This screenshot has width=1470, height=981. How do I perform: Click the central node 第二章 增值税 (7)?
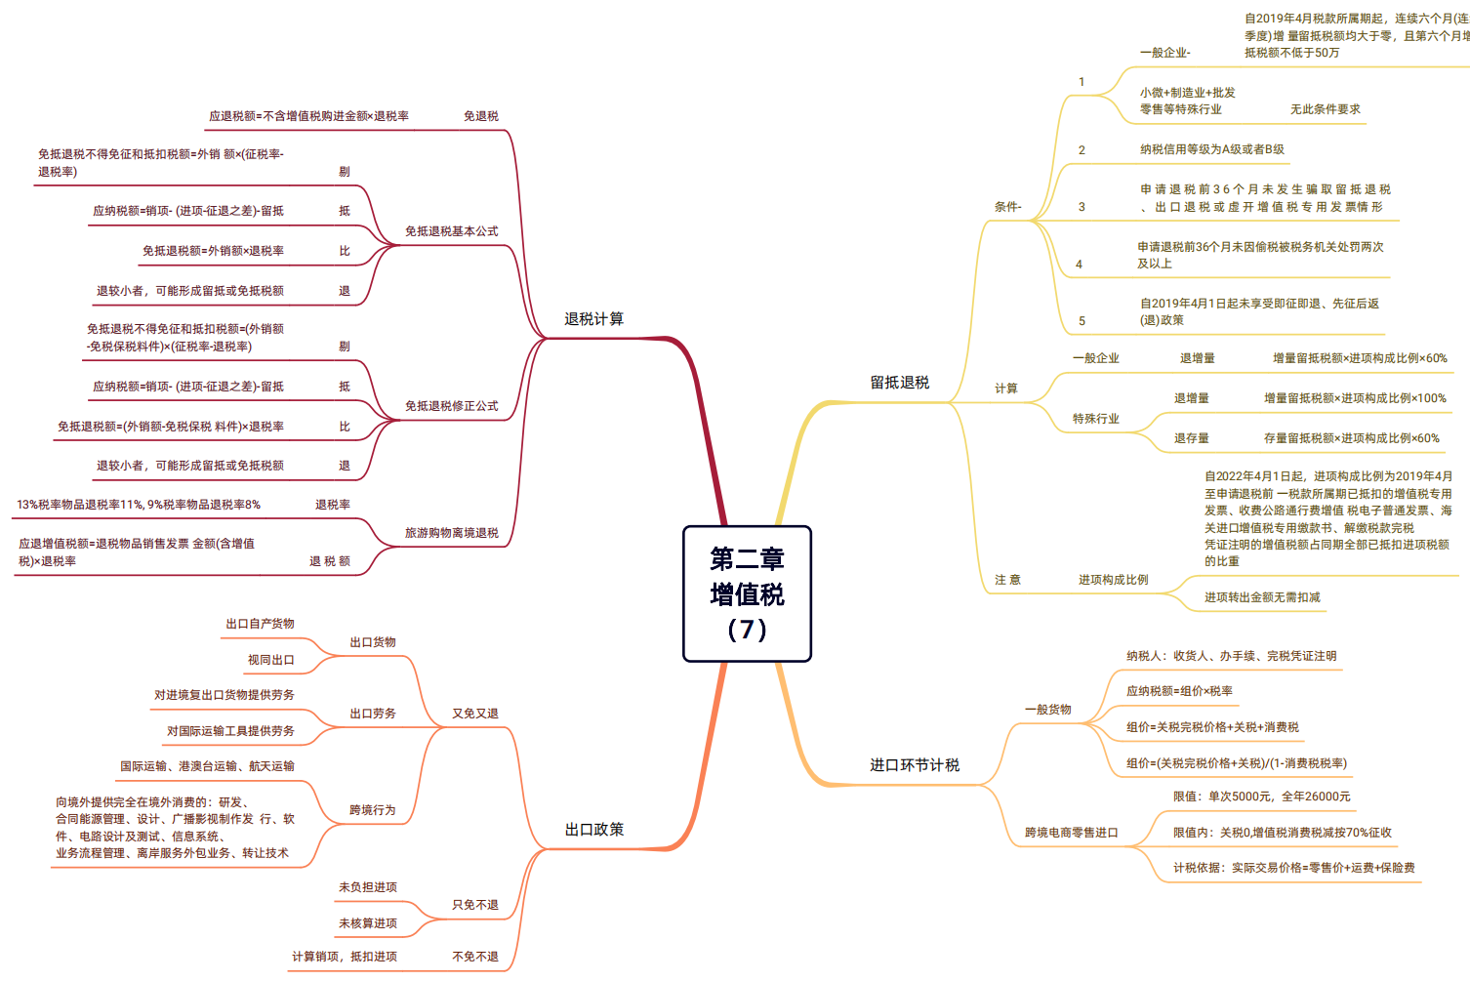[x=747, y=593]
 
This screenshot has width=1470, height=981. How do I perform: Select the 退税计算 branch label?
[x=593, y=319]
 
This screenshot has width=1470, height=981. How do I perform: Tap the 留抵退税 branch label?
[x=899, y=383]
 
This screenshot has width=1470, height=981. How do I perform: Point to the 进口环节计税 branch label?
[x=915, y=765]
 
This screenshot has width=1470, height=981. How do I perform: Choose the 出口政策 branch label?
[x=593, y=830]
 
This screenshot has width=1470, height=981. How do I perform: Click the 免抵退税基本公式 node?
[x=451, y=231]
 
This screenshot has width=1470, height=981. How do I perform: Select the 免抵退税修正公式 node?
[x=451, y=406]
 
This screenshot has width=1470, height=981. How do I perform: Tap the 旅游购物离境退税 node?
[x=451, y=533]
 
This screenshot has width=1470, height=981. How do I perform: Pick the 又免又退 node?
[x=474, y=714]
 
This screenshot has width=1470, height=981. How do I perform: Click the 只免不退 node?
[x=474, y=905]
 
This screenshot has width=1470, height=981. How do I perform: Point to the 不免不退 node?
[x=474, y=957]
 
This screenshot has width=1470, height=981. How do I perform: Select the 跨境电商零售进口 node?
[x=1071, y=833]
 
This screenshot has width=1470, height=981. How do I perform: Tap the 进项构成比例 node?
[x=1113, y=580]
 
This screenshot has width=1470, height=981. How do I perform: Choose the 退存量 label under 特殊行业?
[x=1191, y=438]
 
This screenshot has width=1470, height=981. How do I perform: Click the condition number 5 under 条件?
[x=1082, y=321]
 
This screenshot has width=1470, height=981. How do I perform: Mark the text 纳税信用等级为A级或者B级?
[x=1211, y=149]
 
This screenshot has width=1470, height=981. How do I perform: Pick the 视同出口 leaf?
[x=270, y=660]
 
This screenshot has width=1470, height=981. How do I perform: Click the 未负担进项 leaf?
[x=367, y=887]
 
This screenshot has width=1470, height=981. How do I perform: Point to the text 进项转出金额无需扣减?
[x=1261, y=597]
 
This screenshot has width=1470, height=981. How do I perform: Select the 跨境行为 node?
[x=372, y=810]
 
